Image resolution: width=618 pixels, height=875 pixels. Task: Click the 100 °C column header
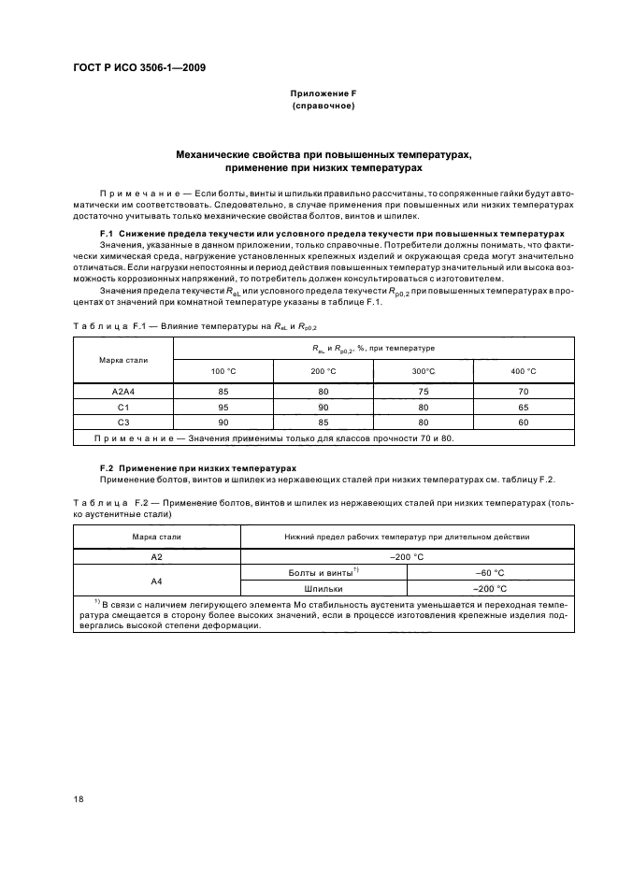tap(224, 372)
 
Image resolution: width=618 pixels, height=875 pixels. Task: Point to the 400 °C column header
tap(524, 372)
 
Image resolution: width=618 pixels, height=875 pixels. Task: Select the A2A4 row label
tap(123, 391)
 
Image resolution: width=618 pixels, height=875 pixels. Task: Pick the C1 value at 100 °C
tap(224, 407)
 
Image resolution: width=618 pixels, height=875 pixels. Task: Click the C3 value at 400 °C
tap(524, 423)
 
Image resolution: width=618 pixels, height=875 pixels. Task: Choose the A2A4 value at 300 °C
tap(424, 391)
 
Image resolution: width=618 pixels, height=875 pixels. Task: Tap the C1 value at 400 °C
tap(524, 407)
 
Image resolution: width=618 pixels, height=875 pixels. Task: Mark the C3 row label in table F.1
tap(123, 423)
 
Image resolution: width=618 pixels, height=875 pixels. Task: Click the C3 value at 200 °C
tap(323, 423)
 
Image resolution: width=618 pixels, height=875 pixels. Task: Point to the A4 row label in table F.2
tap(157, 581)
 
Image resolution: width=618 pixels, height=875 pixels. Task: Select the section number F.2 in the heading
tap(106, 466)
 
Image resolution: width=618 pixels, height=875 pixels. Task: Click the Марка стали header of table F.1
tap(123, 360)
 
